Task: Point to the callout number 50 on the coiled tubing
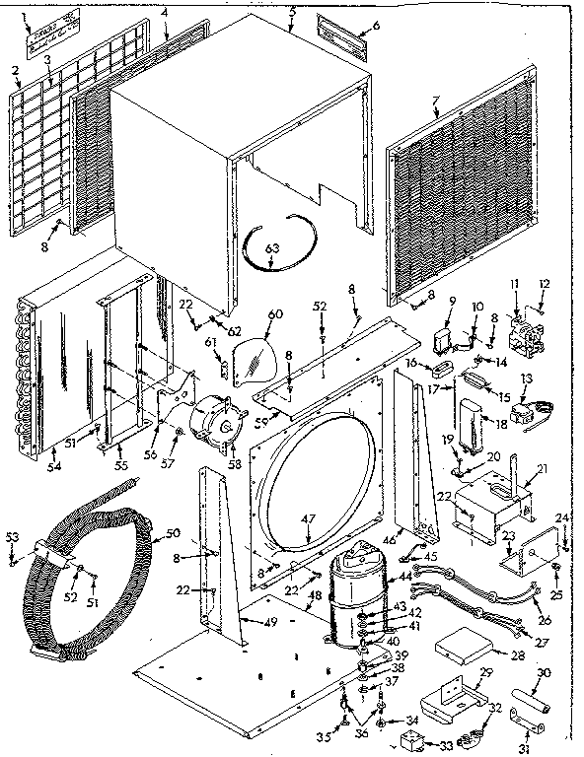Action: point(172,533)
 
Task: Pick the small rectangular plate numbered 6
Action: point(346,36)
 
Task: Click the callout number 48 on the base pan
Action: point(316,597)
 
